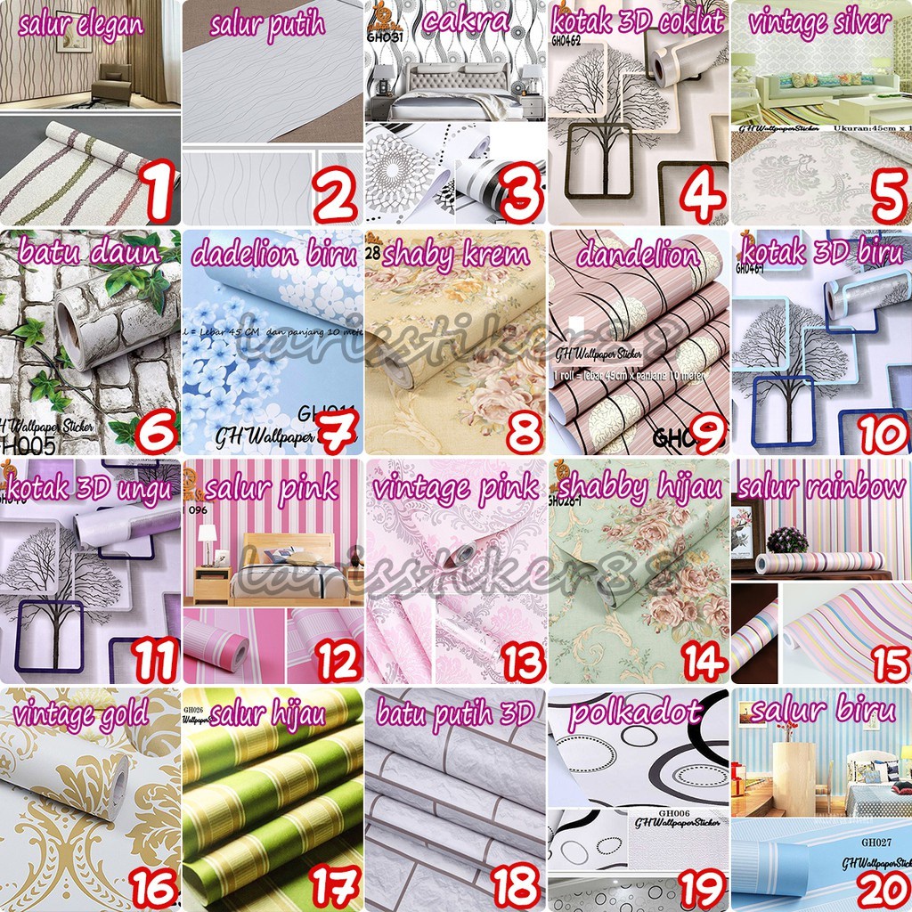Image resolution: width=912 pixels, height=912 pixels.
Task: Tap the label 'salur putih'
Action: tap(267, 25)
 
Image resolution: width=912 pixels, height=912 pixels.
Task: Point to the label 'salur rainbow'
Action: tap(819, 486)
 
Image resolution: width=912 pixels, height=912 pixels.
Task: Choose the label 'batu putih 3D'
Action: tap(454, 712)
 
